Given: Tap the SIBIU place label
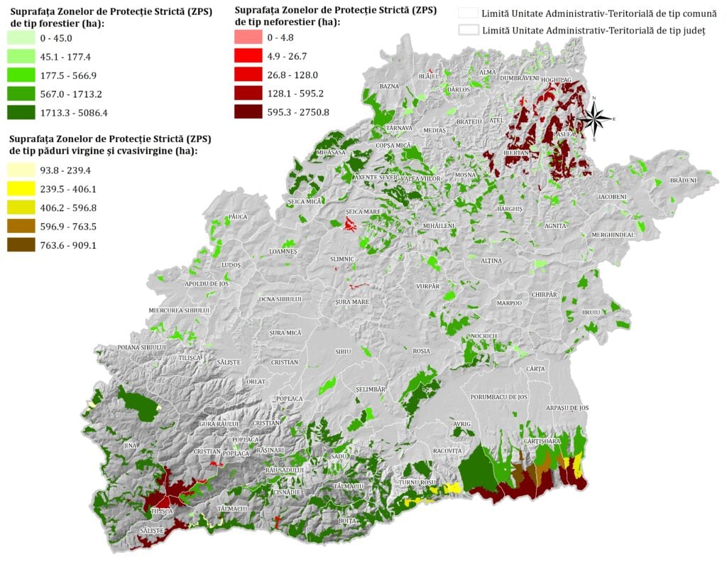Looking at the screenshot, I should (343, 352).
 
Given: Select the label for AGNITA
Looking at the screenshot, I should (555, 225).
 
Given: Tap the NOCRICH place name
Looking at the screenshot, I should (483, 335).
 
